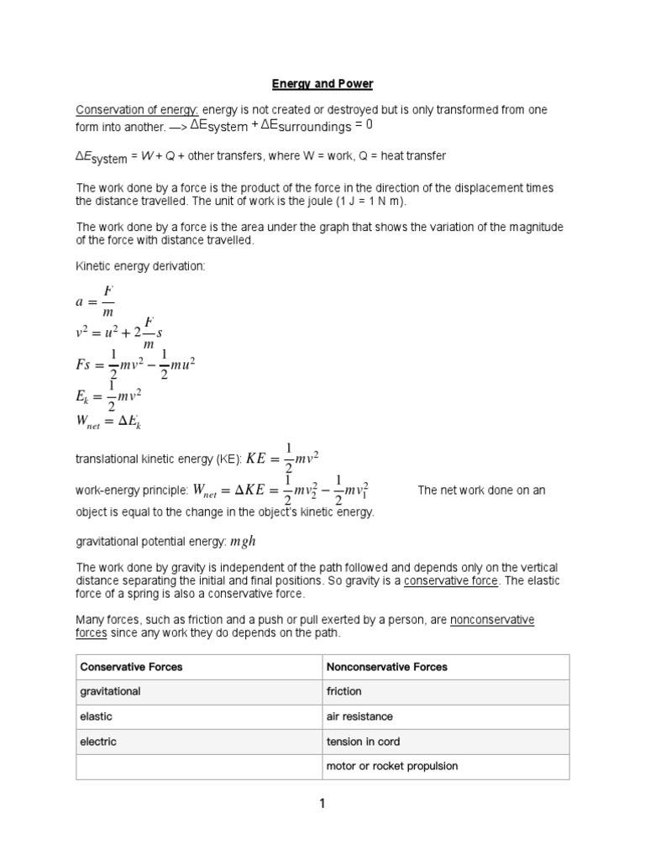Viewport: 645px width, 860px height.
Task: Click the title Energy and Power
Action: click(322, 84)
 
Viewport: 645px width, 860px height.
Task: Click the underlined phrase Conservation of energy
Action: click(137, 111)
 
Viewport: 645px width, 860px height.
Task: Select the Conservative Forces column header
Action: click(131, 667)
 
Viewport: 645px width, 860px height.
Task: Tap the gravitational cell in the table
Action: click(110, 691)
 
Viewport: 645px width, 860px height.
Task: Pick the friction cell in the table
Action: click(344, 691)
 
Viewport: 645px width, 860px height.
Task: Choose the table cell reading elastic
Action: click(96, 716)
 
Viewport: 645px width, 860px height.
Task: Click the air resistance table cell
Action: click(359, 716)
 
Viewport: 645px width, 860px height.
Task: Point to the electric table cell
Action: click(98, 742)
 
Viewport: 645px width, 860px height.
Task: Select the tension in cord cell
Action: click(364, 742)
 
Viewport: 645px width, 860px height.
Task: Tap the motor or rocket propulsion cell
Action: click(392, 766)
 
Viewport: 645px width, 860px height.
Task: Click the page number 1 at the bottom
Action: click(322, 805)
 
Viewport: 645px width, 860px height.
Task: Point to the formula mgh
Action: click(243, 542)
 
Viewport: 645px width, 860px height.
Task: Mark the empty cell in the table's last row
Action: click(199, 766)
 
